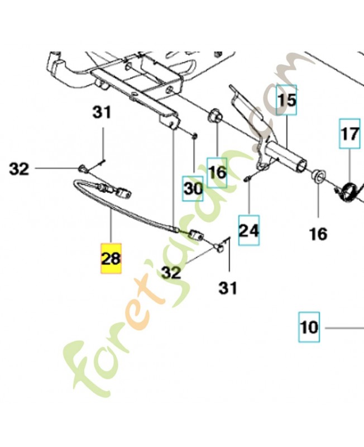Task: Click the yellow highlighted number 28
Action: pyautogui.click(x=111, y=259)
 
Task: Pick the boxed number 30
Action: pyautogui.click(x=193, y=188)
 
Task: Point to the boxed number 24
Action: pyautogui.click(x=249, y=230)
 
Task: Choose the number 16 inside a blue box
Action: pyautogui.click(x=217, y=173)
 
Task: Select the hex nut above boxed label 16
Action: pyautogui.click(x=216, y=118)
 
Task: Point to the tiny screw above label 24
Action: pyautogui.click(x=247, y=178)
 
